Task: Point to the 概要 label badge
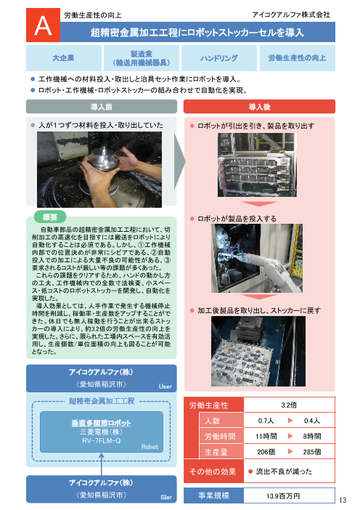50,216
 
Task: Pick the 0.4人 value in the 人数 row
314,421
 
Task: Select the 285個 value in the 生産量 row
314,451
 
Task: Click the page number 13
344,499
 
